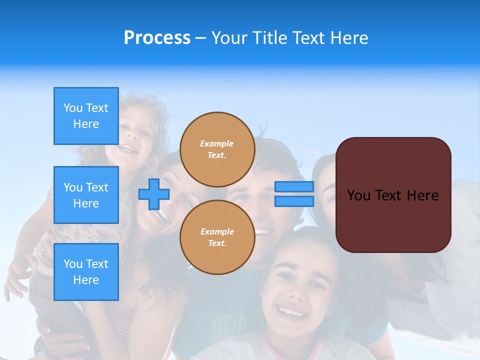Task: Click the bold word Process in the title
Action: click(157, 38)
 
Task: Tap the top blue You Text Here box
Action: click(86, 116)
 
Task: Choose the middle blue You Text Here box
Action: click(86, 195)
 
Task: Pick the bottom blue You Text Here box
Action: click(86, 271)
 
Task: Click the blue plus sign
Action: click(154, 194)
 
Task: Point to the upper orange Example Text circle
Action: click(217, 149)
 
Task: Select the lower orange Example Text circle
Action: click(217, 237)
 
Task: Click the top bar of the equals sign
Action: click(294, 187)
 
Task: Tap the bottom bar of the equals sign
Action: click(294, 201)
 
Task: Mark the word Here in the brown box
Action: click(422, 195)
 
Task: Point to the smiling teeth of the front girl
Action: click(292, 313)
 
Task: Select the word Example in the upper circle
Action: click(217, 143)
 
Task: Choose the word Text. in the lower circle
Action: click(217, 243)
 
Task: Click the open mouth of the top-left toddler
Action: click(128, 148)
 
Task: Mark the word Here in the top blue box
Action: click(86, 124)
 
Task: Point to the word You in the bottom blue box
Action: click(73, 264)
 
